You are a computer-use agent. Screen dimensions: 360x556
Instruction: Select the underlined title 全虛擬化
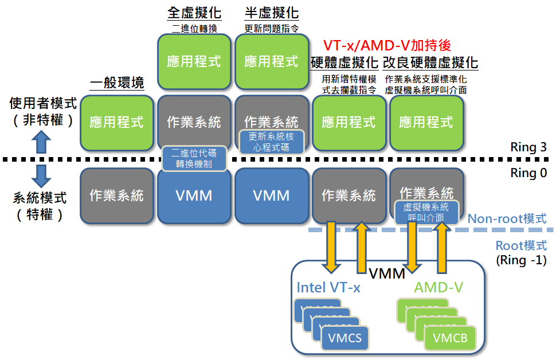pos(194,13)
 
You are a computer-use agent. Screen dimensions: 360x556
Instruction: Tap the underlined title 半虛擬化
pos(271,13)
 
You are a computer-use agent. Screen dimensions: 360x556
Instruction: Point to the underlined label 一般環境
pos(117,83)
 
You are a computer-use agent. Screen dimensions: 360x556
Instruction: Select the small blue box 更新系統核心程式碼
pos(272,142)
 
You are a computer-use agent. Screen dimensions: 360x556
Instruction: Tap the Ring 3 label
pos(526,147)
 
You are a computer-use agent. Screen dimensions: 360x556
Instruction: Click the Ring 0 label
pos(526,173)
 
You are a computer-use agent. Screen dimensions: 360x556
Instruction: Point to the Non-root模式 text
pos(507,218)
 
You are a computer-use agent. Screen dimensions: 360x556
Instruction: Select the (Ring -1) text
pos(521,259)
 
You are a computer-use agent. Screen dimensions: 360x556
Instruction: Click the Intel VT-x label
pos(328,287)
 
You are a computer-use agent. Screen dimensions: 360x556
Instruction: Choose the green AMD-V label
pos(440,287)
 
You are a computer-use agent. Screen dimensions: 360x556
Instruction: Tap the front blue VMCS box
pos(344,338)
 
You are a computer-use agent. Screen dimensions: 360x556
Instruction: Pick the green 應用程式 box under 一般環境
pos(117,122)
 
